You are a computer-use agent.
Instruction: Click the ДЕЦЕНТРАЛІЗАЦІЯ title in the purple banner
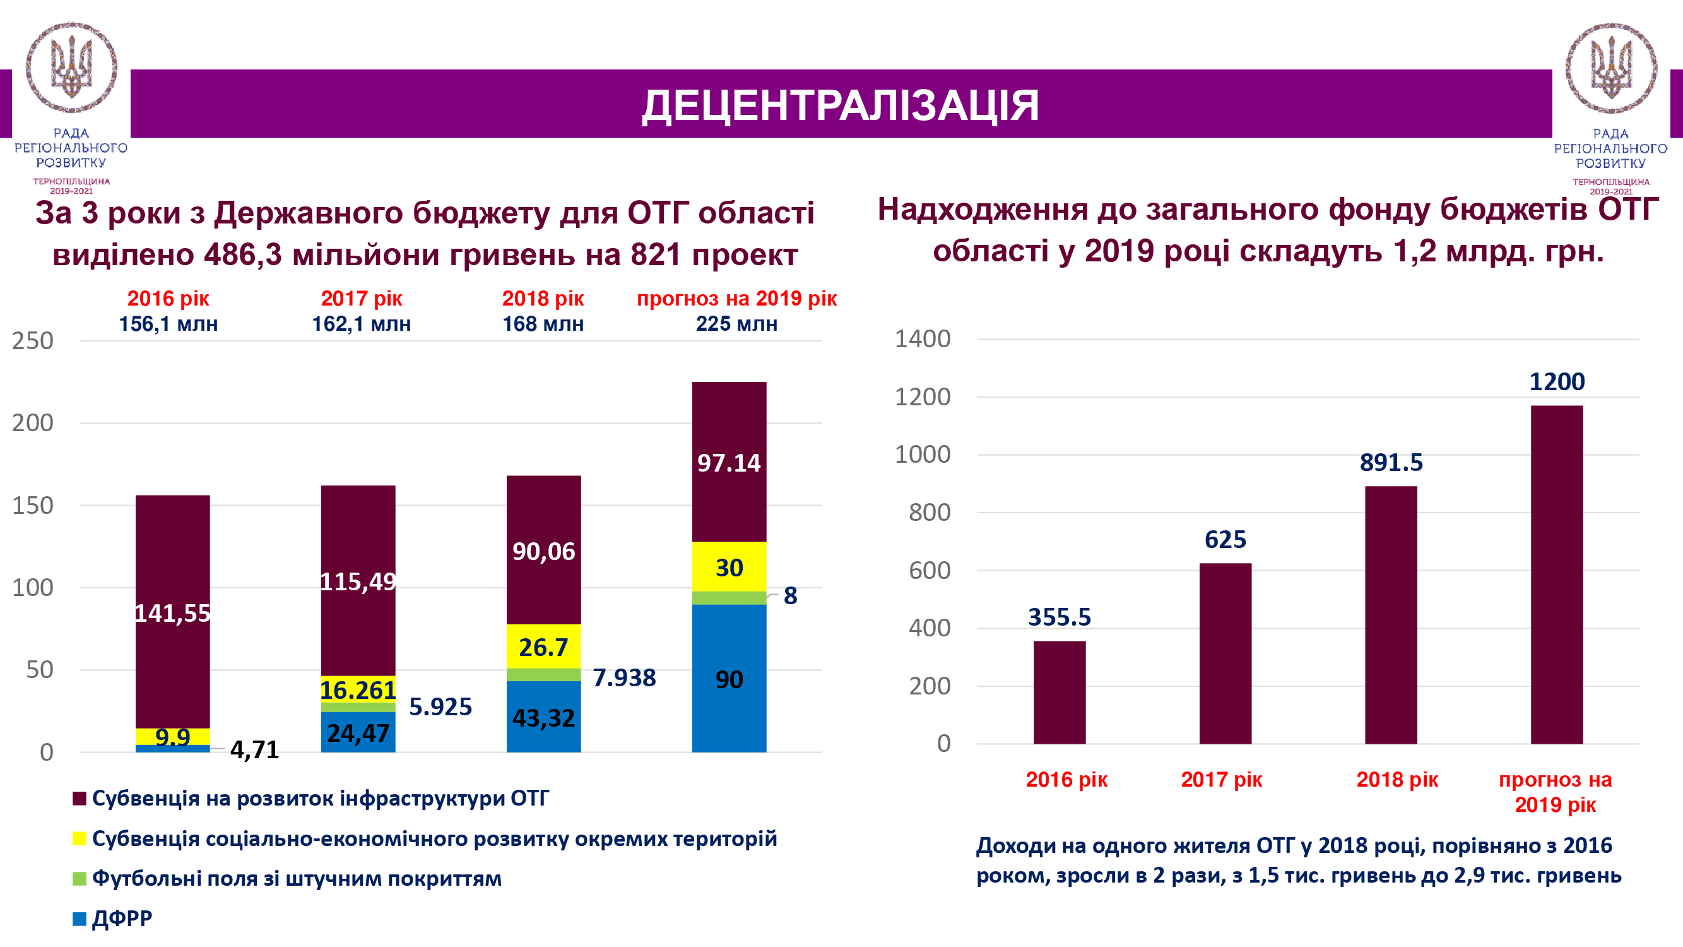click(x=840, y=106)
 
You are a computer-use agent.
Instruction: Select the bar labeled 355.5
click(x=1059, y=692)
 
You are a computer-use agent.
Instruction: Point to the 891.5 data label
click(x=1391, y=463)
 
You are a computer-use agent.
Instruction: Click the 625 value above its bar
click(x=1225, y=540)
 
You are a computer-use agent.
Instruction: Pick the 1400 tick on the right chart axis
click(x=922, y=339)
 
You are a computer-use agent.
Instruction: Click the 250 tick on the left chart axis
click(x=33, y=341)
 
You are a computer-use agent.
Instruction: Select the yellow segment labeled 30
click(x=729, y=567)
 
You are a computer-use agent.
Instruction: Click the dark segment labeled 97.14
click(x=729, y=462)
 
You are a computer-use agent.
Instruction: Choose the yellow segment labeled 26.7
click(x=543, y=646)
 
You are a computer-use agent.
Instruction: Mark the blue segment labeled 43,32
click(x=543, y=717)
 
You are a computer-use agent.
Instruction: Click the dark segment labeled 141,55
click(x=172, y=612)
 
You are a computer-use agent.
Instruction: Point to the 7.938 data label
click(x=624, y=677)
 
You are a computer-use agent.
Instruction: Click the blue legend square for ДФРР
click(x=80, y=919)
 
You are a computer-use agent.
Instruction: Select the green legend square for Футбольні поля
click(x=80, y=879)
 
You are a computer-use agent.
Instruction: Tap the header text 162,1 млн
click(x=362, y=324)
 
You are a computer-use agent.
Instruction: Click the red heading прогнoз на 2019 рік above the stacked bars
click(x=736, y=299)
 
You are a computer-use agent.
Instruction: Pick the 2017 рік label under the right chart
click(x=1221, y=780)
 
